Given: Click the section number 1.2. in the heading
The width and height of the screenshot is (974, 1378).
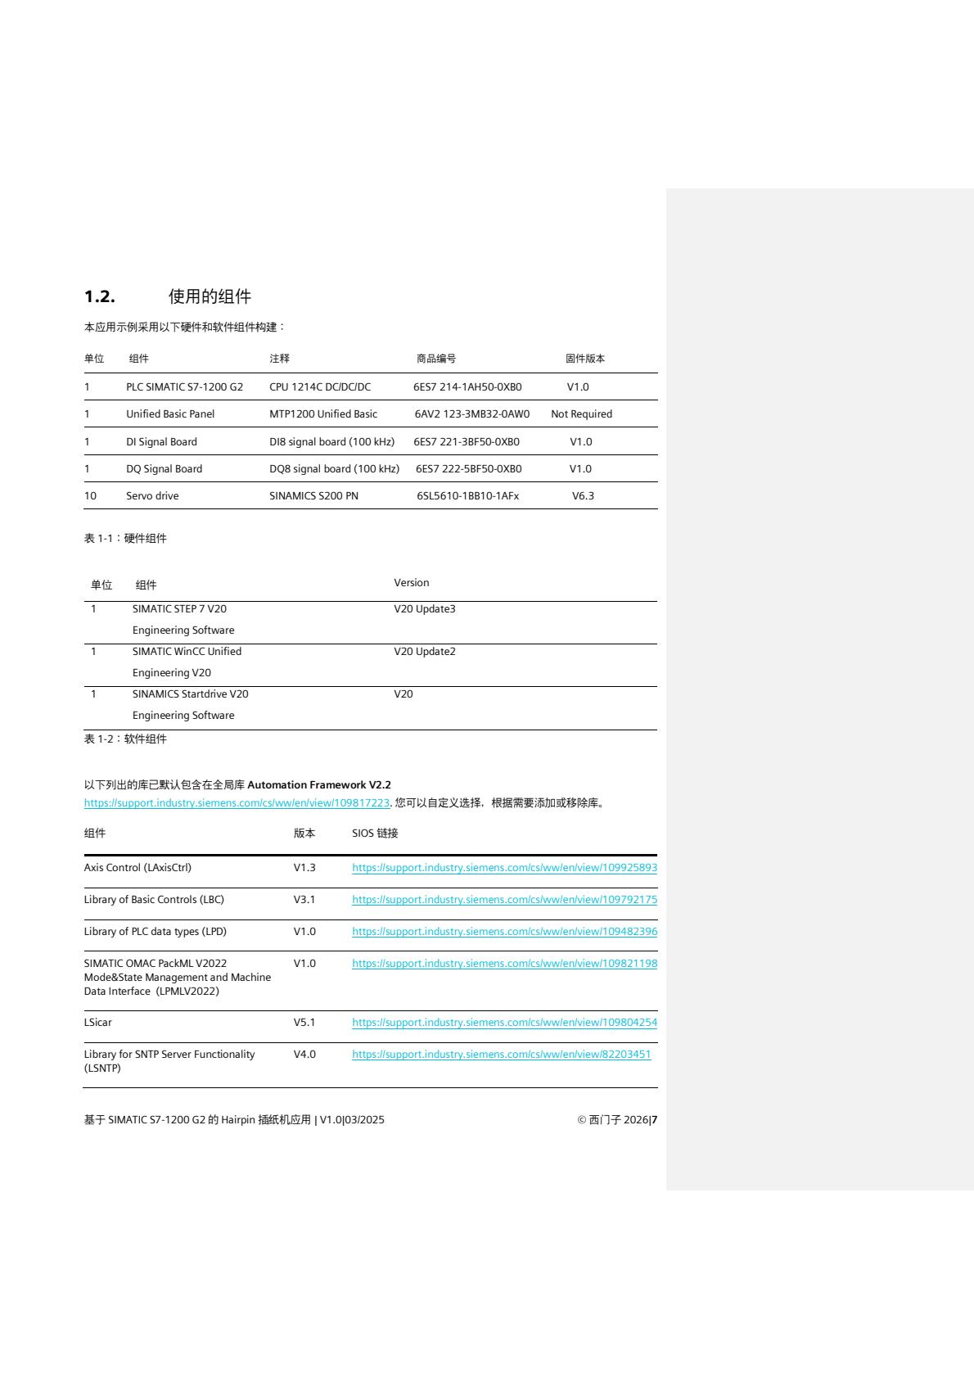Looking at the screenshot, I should [100, 296].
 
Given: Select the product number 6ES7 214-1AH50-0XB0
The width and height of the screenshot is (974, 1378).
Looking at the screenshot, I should [467, 387].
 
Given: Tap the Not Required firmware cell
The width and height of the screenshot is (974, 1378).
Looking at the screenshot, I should [581, 414].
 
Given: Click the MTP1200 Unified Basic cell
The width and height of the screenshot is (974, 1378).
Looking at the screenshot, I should [323, 414].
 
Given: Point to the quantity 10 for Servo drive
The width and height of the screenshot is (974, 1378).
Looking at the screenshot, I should [90, 496].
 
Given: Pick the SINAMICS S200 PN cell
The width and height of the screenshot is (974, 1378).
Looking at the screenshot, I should [313, 496].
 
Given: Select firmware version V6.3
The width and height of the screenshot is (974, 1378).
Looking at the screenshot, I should [583, 496].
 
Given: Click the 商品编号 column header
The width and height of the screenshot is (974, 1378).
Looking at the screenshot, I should [436, 359].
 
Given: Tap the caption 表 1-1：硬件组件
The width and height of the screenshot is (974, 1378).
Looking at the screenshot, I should [125, 539].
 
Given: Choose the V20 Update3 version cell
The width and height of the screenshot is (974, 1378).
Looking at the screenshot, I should [424, 609].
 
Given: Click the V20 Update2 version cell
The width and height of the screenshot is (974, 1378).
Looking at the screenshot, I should [424, 652].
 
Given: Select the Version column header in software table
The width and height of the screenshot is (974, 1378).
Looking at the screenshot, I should [411, 583].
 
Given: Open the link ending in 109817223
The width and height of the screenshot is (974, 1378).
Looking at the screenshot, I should [237, 803].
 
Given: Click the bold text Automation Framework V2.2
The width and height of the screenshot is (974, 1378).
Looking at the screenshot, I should [319, 785].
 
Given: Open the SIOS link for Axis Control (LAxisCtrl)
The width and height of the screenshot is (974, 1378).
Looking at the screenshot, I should [504, 868].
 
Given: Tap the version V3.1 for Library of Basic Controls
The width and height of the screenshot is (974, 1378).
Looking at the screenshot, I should [304, 900].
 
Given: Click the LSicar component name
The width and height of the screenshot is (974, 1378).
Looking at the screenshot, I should [98, 1023].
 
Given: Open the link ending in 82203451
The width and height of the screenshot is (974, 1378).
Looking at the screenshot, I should [501, 1055].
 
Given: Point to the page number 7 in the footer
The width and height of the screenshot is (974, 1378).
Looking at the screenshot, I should [654, 1120].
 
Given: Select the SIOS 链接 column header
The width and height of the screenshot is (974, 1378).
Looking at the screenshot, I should [375, 834].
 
